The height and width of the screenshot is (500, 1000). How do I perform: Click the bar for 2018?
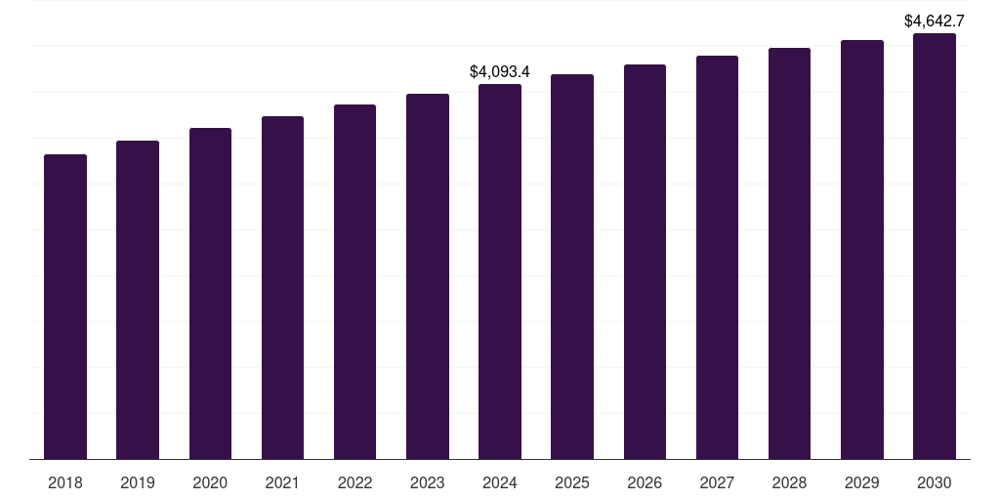tap(65, 307)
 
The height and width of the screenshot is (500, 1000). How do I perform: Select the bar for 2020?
tap(210, 293)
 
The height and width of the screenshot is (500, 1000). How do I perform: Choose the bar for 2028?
tap(789, 253)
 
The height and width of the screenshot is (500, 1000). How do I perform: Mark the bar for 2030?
tap(935, 246)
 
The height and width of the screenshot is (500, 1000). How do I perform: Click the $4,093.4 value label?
tap(500, 71)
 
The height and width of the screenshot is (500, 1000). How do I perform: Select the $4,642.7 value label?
tap(935, 21)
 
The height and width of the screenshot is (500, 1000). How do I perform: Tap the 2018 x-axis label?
tap(65, 482)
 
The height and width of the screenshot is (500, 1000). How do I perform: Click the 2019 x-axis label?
tap(138, 482)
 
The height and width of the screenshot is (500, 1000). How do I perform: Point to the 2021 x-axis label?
tap(282, 482)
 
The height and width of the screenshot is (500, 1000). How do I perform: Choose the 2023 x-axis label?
tap(428, 482)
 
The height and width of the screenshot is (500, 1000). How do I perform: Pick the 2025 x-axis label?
tap(572, 482)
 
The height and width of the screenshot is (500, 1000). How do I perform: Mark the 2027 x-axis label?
tap(717, 482)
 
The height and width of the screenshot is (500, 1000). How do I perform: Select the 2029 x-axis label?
tap(862, 482)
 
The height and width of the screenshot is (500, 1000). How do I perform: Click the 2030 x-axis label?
tap(935, 482)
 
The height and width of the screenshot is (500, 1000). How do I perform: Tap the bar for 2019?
tap(138, 300)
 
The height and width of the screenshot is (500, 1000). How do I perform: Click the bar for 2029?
tap(862, 249)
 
